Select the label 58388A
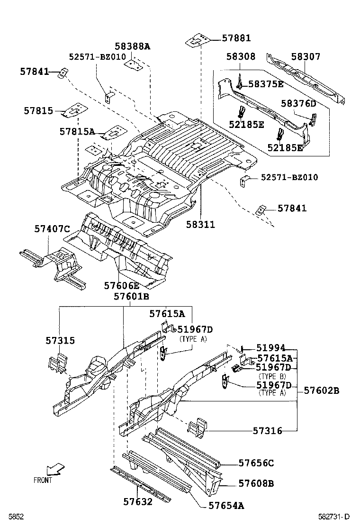[132, 46]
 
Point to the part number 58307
[306, 57]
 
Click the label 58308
[241, 57]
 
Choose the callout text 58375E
[266, 84]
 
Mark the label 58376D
[298, 103]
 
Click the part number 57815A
[77, 131]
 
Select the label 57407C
[52, 229]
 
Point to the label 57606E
[122, 285]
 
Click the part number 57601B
[131, 297]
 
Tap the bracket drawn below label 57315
[57, 363]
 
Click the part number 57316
[267, 431]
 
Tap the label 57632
[138, 501]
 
